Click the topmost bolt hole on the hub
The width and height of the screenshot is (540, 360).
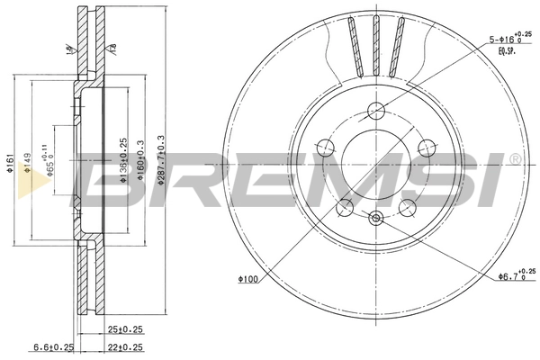[x=376, y=112]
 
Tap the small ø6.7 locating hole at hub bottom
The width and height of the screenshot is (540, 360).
[x=376, y=216]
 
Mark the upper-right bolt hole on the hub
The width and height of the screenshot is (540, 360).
[x=427, y=148]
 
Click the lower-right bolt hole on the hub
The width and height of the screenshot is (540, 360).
[x=407, y=207]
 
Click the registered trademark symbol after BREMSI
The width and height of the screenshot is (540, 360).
[x=515, y=159]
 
